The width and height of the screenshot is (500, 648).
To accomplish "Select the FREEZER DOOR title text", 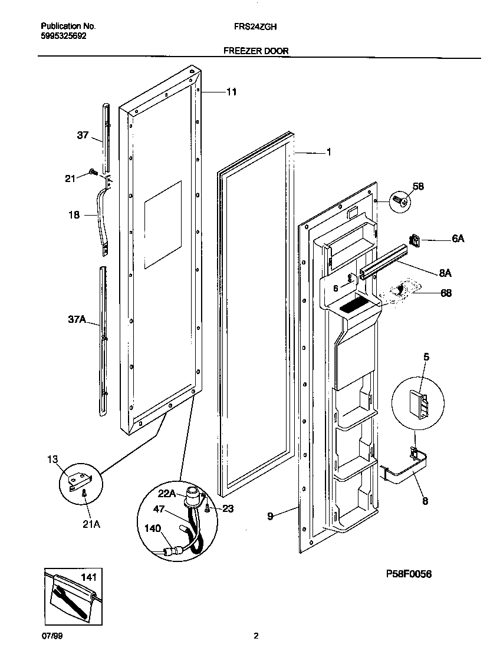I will tap(256, 51).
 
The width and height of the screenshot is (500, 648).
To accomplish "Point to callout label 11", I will tap(231, 92).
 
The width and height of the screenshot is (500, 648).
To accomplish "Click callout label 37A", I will tap(77, 320).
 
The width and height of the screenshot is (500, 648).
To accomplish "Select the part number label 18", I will tap(74, 216).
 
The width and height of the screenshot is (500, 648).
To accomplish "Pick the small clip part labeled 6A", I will tap(415, 240).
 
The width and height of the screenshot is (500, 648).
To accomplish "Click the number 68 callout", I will tap(446, 293).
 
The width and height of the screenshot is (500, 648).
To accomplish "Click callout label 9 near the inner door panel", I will tap(270, 516).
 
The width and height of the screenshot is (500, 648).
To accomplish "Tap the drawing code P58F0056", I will tap(409, 574).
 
